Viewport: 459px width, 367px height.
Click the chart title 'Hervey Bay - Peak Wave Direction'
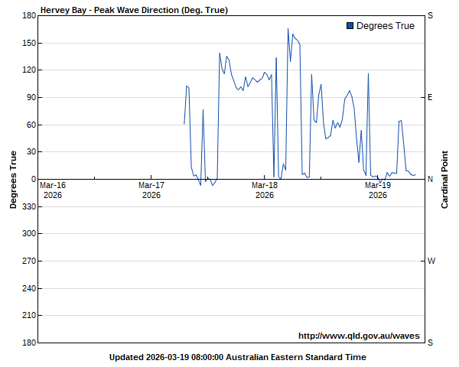tap(134, 10)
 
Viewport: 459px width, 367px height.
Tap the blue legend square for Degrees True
tap(350, 26)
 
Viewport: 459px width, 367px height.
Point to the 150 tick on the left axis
tap(28, 43)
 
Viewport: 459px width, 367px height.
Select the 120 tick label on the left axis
tap(28, 70)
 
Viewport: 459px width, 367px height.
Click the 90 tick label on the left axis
tap(31, 97)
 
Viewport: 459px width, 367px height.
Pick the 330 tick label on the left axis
tap(28, 206)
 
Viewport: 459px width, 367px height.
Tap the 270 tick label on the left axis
tap(28, 261)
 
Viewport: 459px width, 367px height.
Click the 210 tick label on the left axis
tap(28, 315)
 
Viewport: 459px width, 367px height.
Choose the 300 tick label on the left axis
tap(28, 233)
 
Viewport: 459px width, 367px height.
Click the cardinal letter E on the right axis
tap(430, 97)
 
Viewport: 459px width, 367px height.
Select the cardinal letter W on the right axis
tap(431, 261)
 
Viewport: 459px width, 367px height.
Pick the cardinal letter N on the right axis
tap(430, 179)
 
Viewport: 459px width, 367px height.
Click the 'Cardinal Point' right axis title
tap(444, 179)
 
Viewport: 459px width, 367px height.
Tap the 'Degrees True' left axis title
tap(14, 179)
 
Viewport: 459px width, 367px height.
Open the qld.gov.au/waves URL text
tap(359, 335)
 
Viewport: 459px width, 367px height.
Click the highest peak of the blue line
tap(288, 29)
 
